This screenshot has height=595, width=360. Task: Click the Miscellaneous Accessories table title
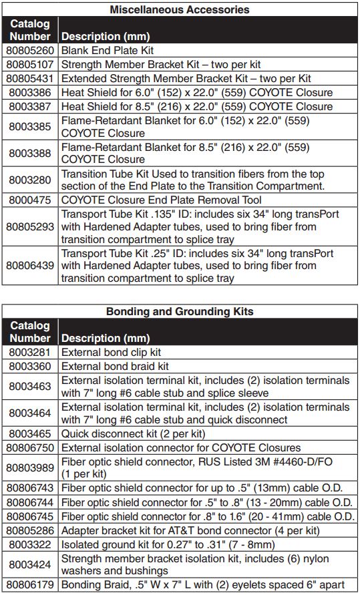(180, 9)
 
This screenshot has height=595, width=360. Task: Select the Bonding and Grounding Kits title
(180, 312)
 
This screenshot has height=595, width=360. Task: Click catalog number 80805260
(30, 50)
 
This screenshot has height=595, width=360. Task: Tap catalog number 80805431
(30, 79)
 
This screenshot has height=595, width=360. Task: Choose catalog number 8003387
(30, 107)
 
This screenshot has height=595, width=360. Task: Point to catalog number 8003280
(30, 180)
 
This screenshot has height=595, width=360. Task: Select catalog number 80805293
(30, 227)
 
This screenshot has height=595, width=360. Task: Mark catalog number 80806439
(30, 266)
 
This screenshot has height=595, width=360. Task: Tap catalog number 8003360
(30, 366)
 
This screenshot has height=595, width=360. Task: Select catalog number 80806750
(30, 447)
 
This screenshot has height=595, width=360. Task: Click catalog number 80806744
(30, 502)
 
